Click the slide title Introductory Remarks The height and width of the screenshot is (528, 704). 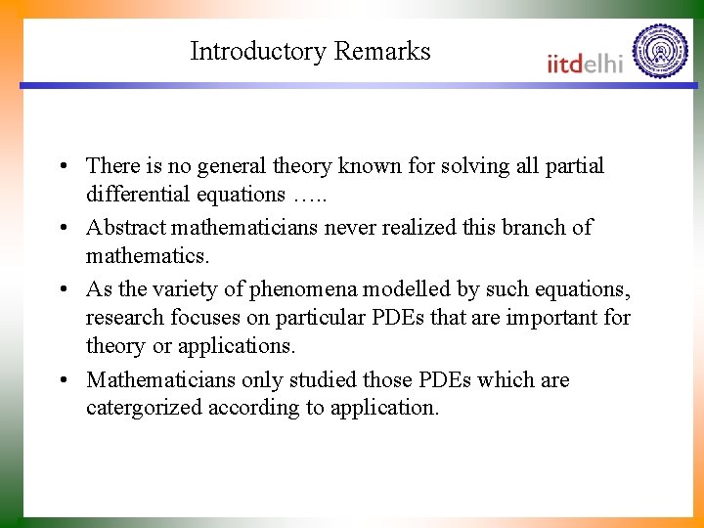point(310,51)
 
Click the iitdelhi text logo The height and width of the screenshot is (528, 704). point(585,63)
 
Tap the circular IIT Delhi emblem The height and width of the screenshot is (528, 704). point(660,51)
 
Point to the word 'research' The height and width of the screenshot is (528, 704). point(123,318)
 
